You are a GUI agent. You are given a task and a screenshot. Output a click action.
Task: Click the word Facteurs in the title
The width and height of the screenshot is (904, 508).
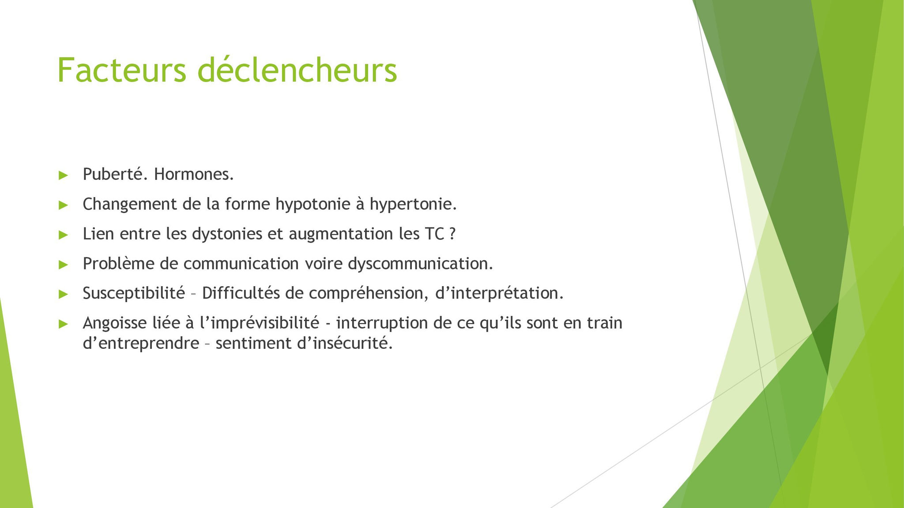click(122, 70)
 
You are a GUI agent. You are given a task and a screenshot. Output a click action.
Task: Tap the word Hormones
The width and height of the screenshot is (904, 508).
click(194, 175)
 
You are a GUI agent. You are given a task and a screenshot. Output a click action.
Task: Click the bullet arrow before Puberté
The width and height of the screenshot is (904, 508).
click(63, 176)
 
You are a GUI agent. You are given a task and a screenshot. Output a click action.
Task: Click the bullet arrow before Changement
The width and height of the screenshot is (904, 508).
click(63, 205)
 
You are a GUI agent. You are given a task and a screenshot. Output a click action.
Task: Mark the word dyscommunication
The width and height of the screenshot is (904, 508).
click(420, 264)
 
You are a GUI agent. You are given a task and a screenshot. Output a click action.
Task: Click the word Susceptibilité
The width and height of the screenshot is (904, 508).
click(134, 293)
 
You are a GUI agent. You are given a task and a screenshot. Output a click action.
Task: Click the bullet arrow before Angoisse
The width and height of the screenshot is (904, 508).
click(63, 324)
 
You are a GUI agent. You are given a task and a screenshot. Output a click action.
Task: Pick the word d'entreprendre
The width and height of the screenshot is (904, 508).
click(141, 343)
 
